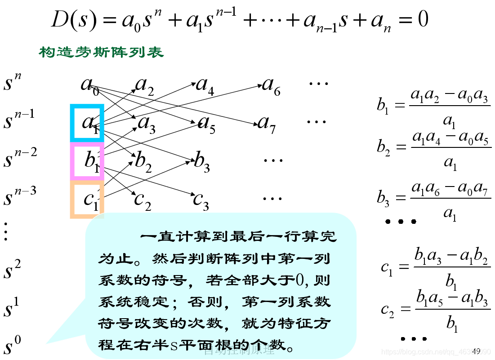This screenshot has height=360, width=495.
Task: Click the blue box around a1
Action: (x=87, y=123)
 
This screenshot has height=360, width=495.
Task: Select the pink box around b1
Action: (x=87, y=161)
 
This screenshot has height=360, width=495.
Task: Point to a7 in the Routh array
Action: (x=266, y=123)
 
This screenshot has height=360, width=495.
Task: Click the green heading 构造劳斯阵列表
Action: (x=101, y=53)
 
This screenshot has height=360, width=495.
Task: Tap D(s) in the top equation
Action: (x=74, y=21)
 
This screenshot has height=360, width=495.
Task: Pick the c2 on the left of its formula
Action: (x=388, y=310)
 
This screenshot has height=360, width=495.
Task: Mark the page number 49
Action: (x=476, y=351)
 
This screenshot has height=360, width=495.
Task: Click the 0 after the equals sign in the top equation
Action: (x=423, y=20)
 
